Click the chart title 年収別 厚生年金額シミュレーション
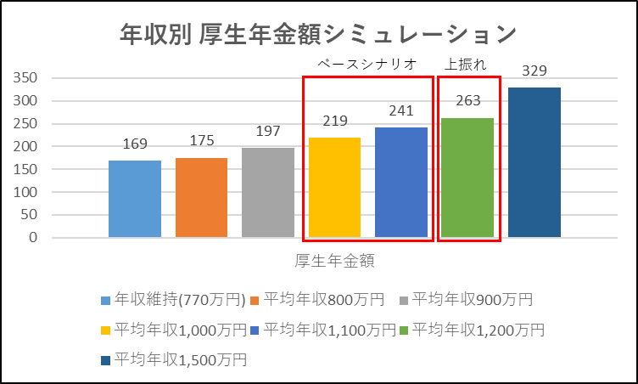318,35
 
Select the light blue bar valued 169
135,198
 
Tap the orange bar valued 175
201,197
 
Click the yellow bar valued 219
334,187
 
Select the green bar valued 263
467,177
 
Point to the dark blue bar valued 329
534,162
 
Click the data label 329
534,71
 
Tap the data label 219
334,121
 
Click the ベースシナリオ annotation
367,64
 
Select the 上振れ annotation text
465,64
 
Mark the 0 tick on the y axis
34,238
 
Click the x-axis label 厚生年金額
335,259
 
